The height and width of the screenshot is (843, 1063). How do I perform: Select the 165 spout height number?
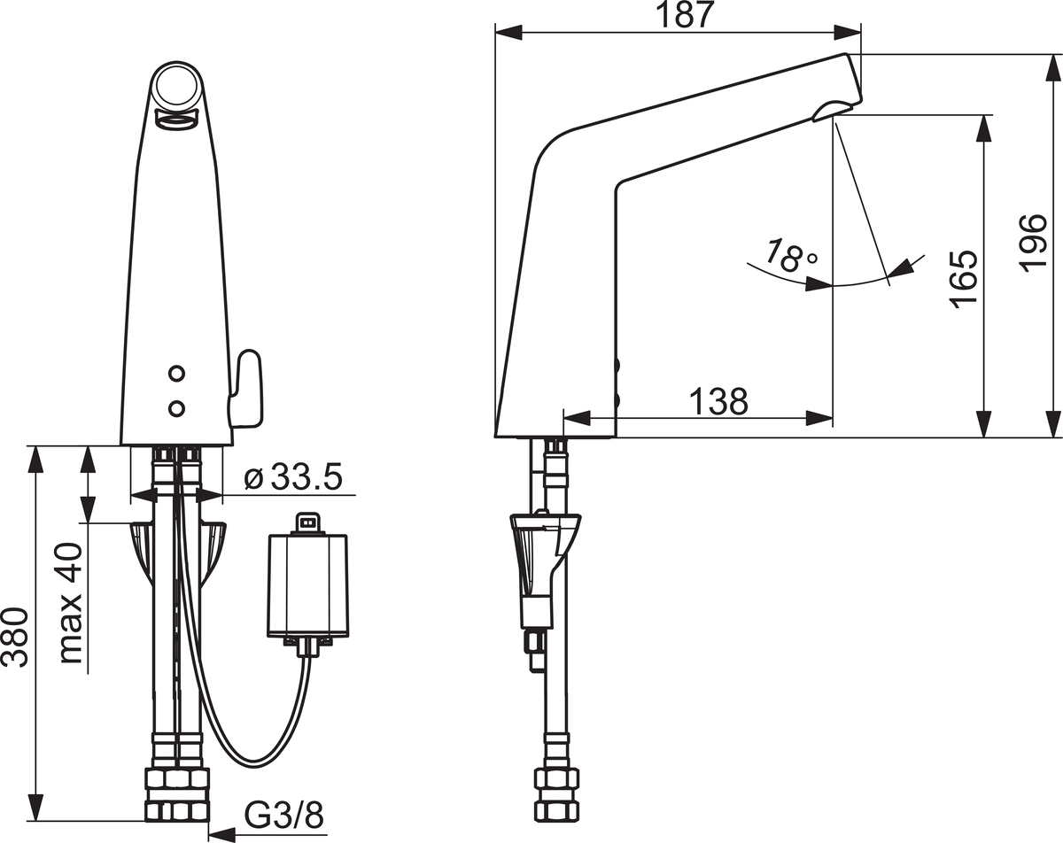(x=964, y=280)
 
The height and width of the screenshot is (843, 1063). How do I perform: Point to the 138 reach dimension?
(x=718, y=401)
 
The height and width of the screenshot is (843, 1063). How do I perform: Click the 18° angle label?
(x=791, y=255)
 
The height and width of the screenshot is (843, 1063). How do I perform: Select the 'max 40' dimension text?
(x=70, y=603)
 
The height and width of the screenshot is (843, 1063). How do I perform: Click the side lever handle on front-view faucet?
(x=244, y=387)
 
